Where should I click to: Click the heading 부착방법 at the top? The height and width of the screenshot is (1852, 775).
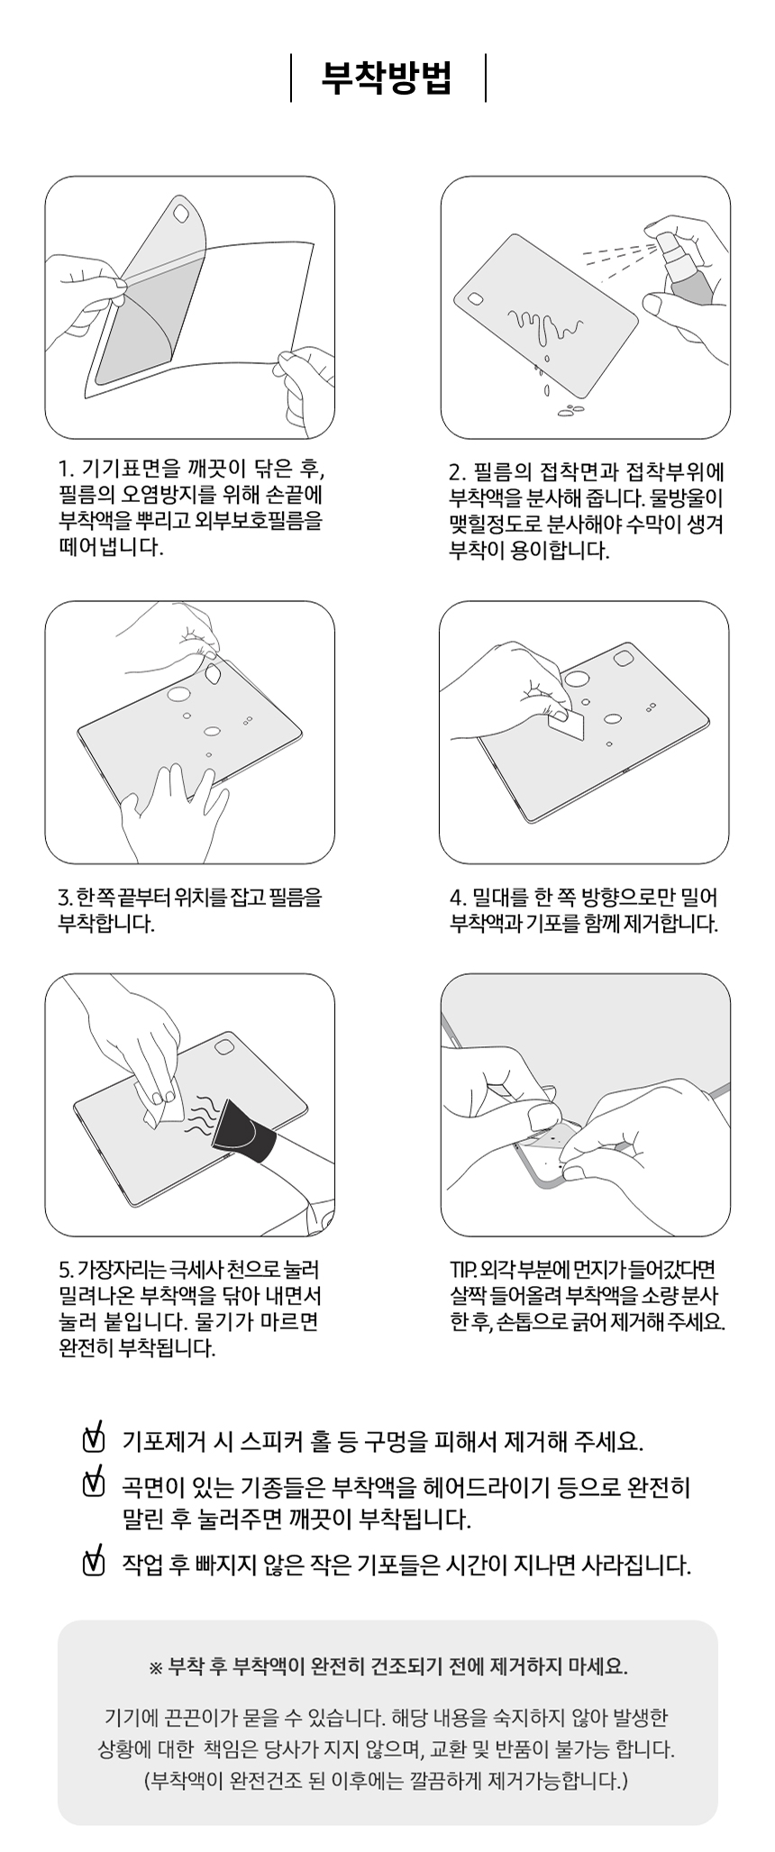click(387, 78)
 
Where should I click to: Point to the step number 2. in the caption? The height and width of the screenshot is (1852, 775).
click(457, 472)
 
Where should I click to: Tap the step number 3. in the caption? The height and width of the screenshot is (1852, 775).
click(65, 899)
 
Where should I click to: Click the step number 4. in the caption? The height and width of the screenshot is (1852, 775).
click(457, 899)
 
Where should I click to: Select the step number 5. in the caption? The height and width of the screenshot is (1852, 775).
click(65, 1271)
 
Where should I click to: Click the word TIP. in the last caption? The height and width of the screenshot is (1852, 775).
click(462, 1271)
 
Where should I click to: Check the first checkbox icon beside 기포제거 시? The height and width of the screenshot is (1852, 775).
click(93, 1439)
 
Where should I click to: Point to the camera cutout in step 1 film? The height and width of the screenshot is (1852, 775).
click(181, 214)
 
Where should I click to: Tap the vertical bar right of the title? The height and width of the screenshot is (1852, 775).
click(486, 78)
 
